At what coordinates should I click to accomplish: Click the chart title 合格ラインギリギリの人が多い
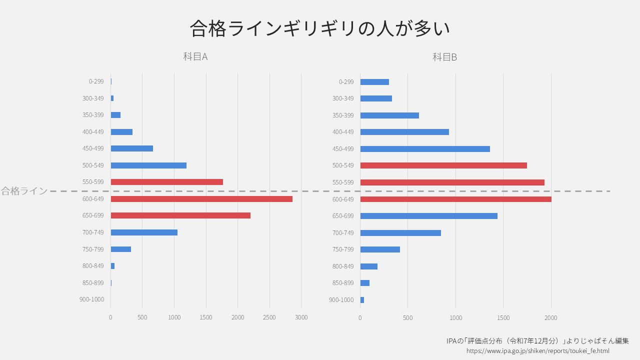click(320, 28)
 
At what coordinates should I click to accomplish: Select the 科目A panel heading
click(195, 56)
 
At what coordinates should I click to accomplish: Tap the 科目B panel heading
click(444, 57)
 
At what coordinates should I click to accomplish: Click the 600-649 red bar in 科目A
click(201, 199)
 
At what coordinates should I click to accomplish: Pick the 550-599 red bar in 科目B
click(452, 182)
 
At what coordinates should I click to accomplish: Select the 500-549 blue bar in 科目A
click(148, 165)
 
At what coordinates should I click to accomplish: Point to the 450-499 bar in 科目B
click(425, 149)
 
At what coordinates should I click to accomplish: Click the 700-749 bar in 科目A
click(144, 232)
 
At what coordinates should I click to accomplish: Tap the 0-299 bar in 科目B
click(374, 82)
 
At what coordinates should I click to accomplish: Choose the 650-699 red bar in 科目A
click(180, 215)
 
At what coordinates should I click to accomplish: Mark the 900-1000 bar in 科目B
click(362, 300)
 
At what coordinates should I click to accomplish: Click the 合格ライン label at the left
click(24, 191)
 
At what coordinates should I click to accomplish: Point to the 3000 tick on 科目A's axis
click(301, 317)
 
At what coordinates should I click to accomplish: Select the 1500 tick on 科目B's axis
click(503, 317)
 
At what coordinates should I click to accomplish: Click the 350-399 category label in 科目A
click(93, 115)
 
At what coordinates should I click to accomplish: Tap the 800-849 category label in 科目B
click(343, 266)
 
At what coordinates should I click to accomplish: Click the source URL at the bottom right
click(537, 351)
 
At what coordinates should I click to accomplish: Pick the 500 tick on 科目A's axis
click(142, 317)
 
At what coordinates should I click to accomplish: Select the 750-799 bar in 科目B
click(380, 249)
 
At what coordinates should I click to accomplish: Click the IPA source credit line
click(537, 341)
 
